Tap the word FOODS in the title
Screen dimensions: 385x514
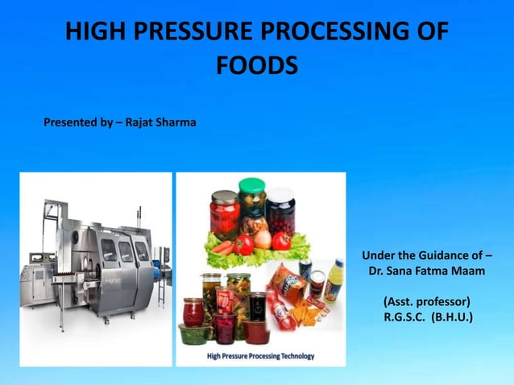[x=257, y=64]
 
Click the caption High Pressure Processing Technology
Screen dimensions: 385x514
[x=260, y=355]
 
